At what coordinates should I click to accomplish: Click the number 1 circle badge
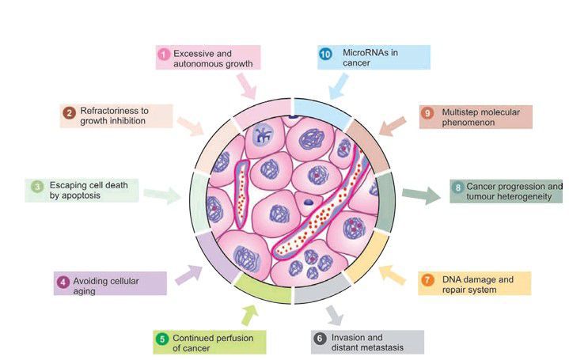coord(163,54)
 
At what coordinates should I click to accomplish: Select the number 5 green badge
coord(161,339)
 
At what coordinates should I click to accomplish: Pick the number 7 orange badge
coord(427,281)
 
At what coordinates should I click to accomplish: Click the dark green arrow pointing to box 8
coord(420,195)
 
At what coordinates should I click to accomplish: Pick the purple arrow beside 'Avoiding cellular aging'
coord(188,275)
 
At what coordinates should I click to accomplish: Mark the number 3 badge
coord(36,188)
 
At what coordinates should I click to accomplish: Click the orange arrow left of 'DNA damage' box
coord(390,274)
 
